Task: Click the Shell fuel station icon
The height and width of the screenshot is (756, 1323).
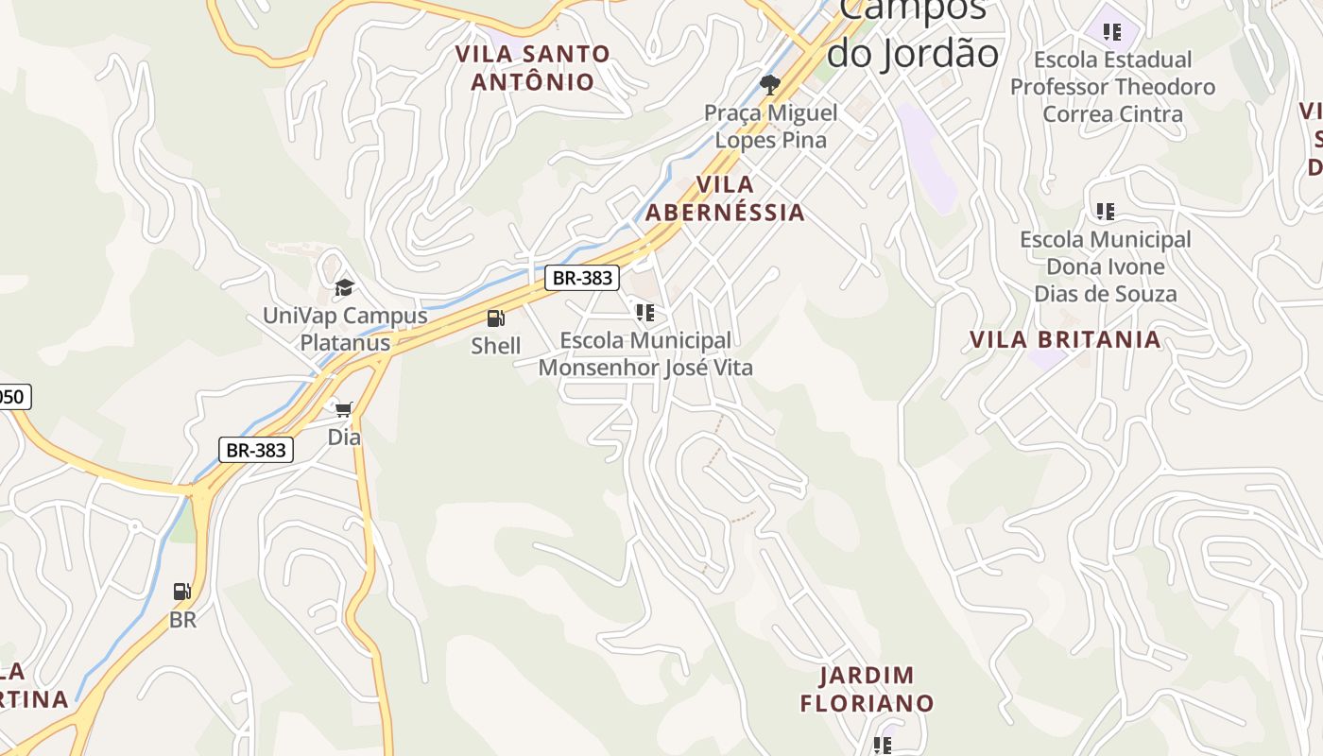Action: coord(496,318)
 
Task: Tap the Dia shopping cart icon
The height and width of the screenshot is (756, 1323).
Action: coord(344,409)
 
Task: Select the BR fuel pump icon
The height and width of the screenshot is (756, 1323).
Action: coord(182,592)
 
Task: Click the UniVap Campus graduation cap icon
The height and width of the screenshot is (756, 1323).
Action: coord(345,287)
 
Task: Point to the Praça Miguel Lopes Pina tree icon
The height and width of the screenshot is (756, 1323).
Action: coord(770,85)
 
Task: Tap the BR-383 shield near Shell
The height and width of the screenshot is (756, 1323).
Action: coord(582,278)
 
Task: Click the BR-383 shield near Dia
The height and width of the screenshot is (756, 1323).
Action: coord(256,450)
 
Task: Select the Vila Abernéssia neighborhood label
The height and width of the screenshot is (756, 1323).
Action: coord(725,198)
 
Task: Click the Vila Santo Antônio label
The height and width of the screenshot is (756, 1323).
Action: coord(533,67)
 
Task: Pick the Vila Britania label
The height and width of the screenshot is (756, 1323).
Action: coord(1065,340)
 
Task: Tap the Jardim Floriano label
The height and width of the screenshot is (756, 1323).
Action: coord(867,689)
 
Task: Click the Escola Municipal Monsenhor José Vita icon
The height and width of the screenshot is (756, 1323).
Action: coord(645,313)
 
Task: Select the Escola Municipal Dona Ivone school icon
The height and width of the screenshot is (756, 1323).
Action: coord(1105,211)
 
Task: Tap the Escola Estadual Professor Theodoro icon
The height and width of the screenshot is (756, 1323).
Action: coord(1112,32)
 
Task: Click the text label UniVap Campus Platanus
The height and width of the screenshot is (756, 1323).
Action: coord(345,329)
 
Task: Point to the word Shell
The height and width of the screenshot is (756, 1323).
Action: coord(496,346)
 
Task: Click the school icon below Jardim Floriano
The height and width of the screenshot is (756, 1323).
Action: coord(883,746)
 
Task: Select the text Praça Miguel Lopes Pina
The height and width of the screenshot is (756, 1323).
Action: coord(770,127)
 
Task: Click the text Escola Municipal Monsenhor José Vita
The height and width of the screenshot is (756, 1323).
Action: coord(645,353)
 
